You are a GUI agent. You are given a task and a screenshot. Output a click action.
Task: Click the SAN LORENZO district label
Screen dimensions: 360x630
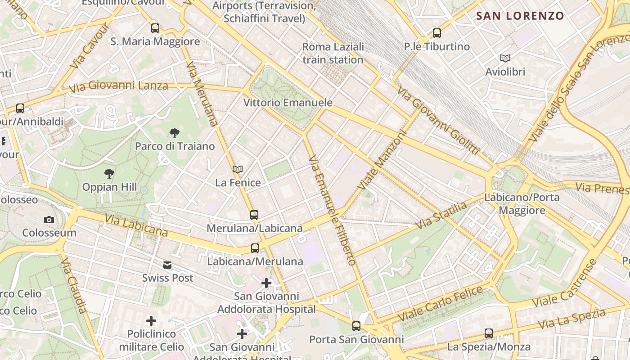tap(520, 16)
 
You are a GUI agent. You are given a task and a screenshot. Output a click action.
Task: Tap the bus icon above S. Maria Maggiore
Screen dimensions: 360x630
tap(155, 28)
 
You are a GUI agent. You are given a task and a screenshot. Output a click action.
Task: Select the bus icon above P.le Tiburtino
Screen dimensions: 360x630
tap(436, 33)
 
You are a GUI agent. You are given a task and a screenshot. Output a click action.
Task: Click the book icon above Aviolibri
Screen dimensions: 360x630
tap(505, 58)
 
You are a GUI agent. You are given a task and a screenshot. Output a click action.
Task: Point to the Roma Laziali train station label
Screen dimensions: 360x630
tap(333, 53)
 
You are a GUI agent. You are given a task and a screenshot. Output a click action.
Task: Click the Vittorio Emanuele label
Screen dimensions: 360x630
tap(288, 103)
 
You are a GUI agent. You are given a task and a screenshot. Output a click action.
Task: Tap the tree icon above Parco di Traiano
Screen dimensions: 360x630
tap(175, 133)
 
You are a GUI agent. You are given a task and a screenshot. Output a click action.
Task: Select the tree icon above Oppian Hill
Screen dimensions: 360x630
tap(109, 174)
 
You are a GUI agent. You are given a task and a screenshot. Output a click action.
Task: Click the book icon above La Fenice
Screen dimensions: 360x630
tap(238, 170)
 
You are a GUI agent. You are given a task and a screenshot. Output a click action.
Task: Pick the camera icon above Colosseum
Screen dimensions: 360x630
tap(49, 220)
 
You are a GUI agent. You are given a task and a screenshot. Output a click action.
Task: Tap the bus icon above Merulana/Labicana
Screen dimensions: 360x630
tap(254, 215)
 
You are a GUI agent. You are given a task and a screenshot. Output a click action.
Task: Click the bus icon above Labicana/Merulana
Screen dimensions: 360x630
tap(255, 248)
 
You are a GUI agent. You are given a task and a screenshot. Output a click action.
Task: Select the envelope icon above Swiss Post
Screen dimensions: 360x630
tap(167, 265)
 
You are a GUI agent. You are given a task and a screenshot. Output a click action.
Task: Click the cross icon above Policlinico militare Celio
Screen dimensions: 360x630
tap(151, 321)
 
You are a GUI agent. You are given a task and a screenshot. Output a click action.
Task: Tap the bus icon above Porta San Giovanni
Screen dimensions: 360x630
tap(356, 326)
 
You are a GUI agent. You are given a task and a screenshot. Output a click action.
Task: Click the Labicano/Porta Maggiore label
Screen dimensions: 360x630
tap(522, 204)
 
